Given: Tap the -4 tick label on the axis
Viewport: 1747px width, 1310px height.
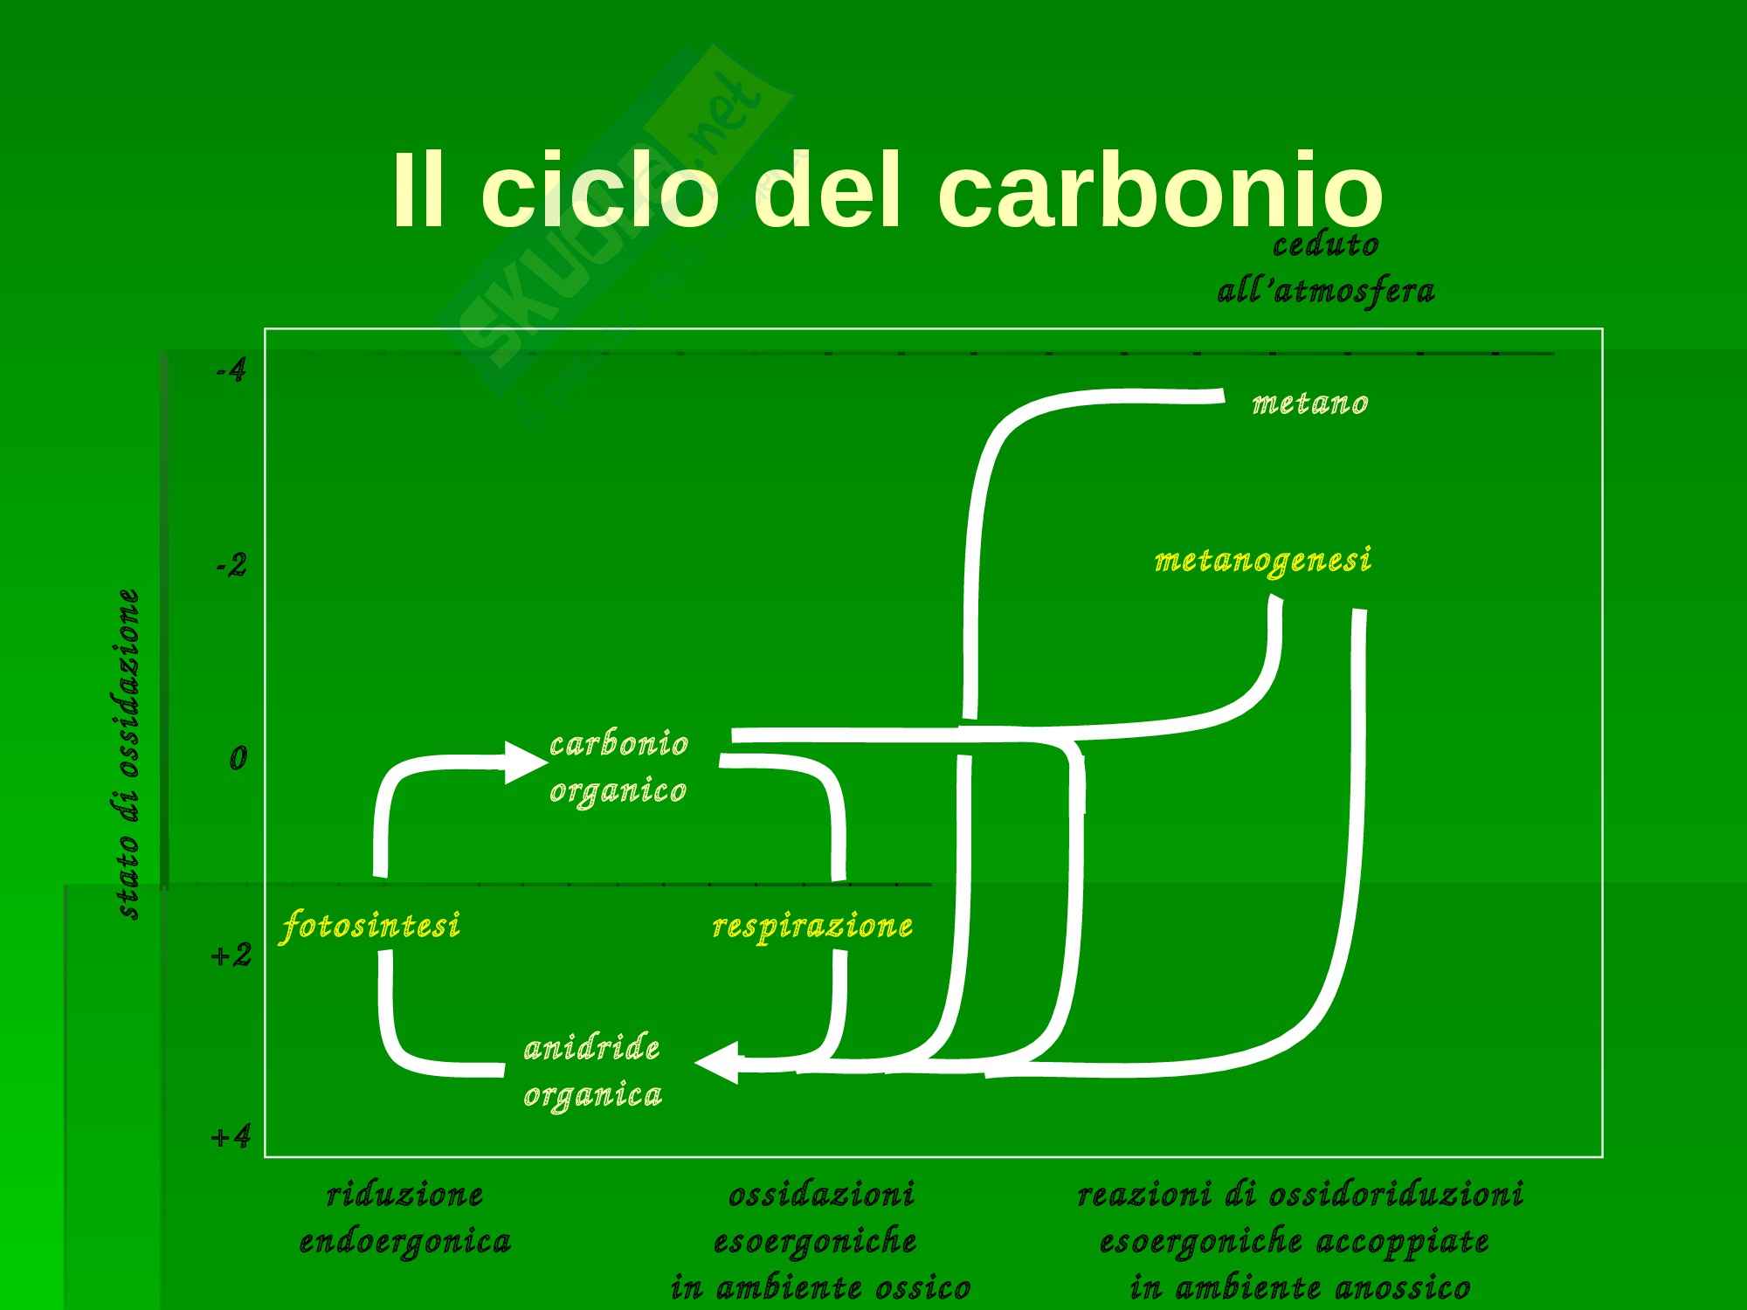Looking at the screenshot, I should [231, 371].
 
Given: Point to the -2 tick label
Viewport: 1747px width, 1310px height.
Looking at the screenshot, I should [231, 566].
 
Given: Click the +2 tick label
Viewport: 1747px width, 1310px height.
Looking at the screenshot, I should [231, 955].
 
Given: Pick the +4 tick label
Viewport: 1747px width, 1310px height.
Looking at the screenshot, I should [231, 1137].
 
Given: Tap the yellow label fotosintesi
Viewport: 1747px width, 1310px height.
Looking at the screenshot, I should [369, 926].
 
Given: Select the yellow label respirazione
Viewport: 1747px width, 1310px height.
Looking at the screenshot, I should [812, 926].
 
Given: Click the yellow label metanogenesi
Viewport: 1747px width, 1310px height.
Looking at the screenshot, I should [1262, 561].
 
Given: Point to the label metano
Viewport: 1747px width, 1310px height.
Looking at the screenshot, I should [1309, 403].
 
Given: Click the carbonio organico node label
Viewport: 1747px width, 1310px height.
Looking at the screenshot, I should [618, 767].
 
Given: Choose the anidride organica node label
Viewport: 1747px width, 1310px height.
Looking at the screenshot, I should [592, 1071].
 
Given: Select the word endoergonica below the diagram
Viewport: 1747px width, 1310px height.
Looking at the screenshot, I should [404, 1241].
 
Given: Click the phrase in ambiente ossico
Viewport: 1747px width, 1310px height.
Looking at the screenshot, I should [820, 1287].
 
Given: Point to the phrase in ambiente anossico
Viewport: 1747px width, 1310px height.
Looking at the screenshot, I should [1300, 1287].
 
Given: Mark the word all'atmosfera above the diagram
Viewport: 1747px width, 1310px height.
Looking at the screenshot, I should [1325, 291].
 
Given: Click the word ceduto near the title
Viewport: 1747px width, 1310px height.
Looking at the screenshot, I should [1325, 245].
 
